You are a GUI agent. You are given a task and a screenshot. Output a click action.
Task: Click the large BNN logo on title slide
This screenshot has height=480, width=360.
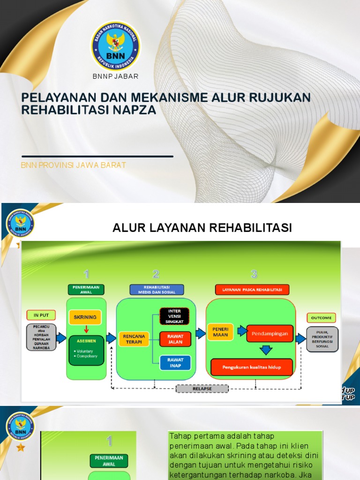tap(115, 45)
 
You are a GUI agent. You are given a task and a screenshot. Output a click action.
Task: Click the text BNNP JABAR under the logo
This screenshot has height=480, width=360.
tap(115, 76)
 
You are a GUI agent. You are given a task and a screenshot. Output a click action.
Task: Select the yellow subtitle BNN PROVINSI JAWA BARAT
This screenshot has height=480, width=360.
tap(74, 165)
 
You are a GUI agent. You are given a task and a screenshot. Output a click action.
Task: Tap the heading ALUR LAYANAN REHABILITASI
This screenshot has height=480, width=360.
tap(202, 228)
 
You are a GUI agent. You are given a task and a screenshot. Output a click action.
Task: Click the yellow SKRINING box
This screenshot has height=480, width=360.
tap(85, 317)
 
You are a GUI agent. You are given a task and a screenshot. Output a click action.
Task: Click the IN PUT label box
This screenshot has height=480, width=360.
tap(41, 314)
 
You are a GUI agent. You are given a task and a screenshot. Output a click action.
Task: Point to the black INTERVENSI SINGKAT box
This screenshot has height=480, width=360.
tap(174, 316)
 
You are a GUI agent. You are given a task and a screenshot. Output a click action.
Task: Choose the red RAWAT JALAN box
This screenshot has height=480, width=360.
tap(175, 339)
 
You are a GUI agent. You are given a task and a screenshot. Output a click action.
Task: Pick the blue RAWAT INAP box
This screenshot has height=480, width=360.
tap(175, 362)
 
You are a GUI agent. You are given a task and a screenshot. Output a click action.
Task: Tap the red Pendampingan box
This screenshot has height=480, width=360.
tap(270, 334)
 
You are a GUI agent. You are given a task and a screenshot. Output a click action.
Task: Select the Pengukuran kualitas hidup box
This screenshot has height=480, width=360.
tap(252, 367)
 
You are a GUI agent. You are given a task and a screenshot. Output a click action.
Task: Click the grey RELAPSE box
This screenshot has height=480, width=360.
tap(202, 389)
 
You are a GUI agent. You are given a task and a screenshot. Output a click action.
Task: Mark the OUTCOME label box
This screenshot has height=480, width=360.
tap(321, 318)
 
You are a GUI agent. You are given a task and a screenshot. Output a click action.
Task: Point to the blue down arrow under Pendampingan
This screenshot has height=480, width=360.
tap(266, 350)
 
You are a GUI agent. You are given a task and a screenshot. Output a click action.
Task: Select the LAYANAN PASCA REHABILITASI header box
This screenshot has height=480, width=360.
tap(252, 289)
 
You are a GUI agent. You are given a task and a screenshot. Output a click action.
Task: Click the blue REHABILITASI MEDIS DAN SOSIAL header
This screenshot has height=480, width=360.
tap(156, 289)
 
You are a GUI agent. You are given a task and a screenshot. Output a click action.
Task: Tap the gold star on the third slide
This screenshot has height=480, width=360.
tap(20, 447)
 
